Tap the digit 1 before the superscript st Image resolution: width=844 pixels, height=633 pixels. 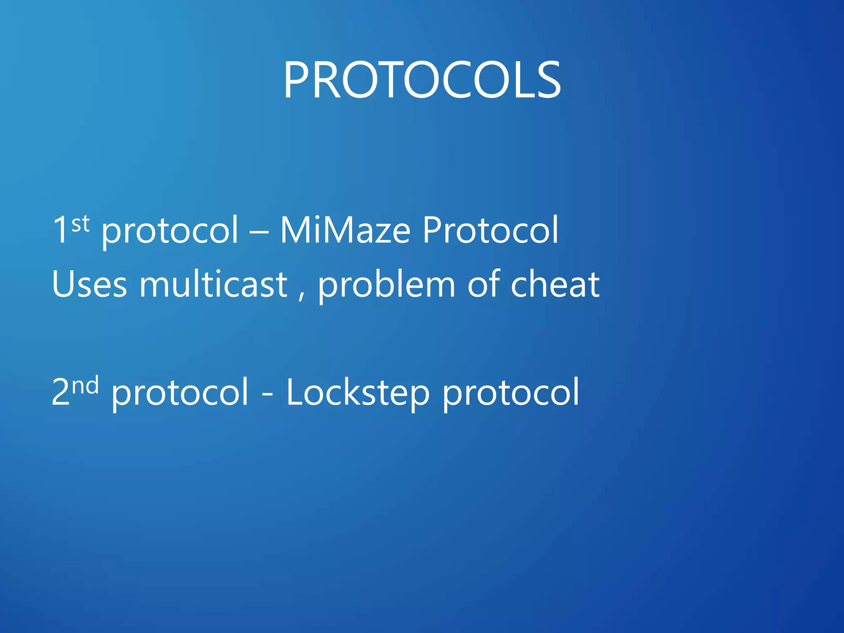pos(60,230)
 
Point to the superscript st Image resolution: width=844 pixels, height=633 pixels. pos(80,224)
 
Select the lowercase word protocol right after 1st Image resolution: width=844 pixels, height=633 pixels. pos(170,231)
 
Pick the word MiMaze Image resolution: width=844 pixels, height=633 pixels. pos(345,230)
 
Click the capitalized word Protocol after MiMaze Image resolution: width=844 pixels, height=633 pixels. pos(490,230)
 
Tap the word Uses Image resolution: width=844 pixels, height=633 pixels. pos(89,284)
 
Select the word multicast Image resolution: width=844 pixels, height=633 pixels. pos(213,284)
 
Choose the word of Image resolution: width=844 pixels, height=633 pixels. pos(483,284)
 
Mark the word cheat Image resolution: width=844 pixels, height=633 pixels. pos(555,284)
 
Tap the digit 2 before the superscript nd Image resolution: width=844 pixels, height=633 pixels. pos(61,392)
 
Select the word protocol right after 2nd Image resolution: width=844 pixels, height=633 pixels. pos(180,393)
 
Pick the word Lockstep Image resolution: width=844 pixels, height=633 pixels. pos(358,393)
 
